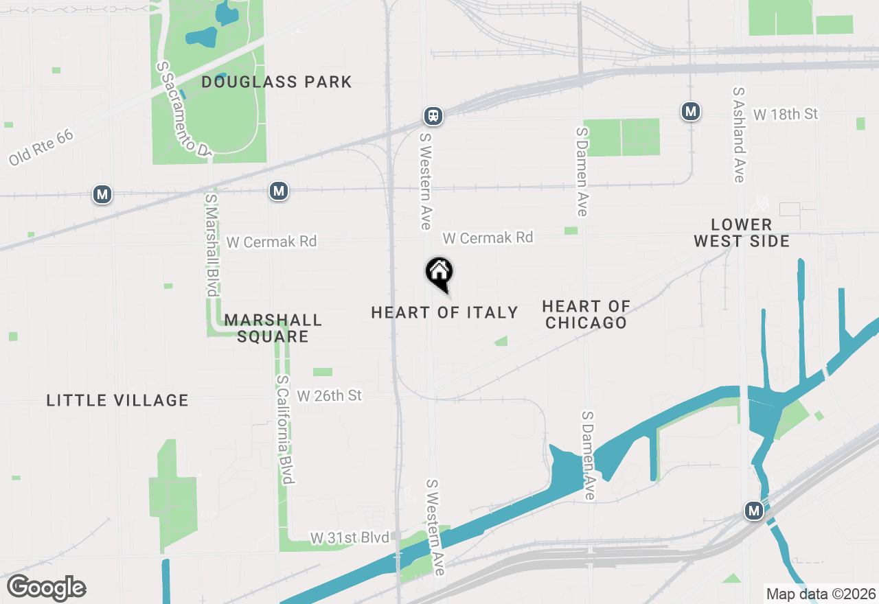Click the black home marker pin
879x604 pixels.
point(439,273)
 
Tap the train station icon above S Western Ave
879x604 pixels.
point(433,116)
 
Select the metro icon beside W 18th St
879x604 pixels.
point(691,111)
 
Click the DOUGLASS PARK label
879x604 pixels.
point(277,82)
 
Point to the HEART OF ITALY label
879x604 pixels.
point(444,313)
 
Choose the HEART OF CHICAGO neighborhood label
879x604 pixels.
point(586,314)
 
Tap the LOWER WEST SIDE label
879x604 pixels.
point(742,233)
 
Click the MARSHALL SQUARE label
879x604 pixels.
point(273,328)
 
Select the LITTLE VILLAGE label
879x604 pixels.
point(117,400)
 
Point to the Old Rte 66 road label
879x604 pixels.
point(41,148)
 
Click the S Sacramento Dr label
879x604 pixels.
point(183,110)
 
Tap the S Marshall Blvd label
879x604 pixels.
point(212,245)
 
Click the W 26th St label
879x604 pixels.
point(330,396)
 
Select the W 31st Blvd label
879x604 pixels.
point(350,537)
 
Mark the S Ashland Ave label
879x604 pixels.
point(739,135)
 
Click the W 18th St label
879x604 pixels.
point(786,114)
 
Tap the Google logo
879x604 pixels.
point(46,588)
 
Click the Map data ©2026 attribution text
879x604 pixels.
point(821,594)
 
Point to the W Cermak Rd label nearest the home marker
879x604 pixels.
point(488,237)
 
